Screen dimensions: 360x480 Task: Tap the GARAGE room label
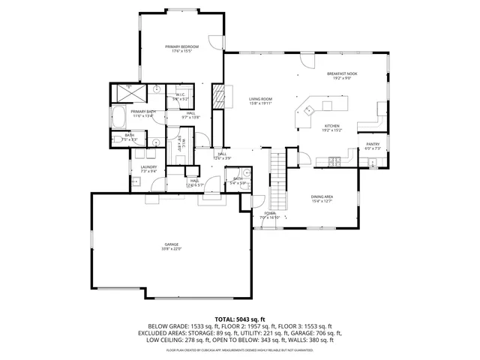(x=172, y=244)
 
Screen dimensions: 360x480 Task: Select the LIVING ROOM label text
(x=260, y=99)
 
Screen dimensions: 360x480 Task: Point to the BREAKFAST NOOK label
(x=342, y=73)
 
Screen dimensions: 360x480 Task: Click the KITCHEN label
(x=331, y=125)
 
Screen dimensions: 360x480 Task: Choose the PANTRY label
(x=373, y=144)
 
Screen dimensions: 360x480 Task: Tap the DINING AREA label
(x=322, y=196)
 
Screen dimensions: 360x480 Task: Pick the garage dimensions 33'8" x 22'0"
(x=172, y=249)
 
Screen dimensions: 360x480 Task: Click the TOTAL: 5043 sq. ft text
(x=239, y=319)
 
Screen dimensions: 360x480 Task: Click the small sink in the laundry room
(x=136, y=181)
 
